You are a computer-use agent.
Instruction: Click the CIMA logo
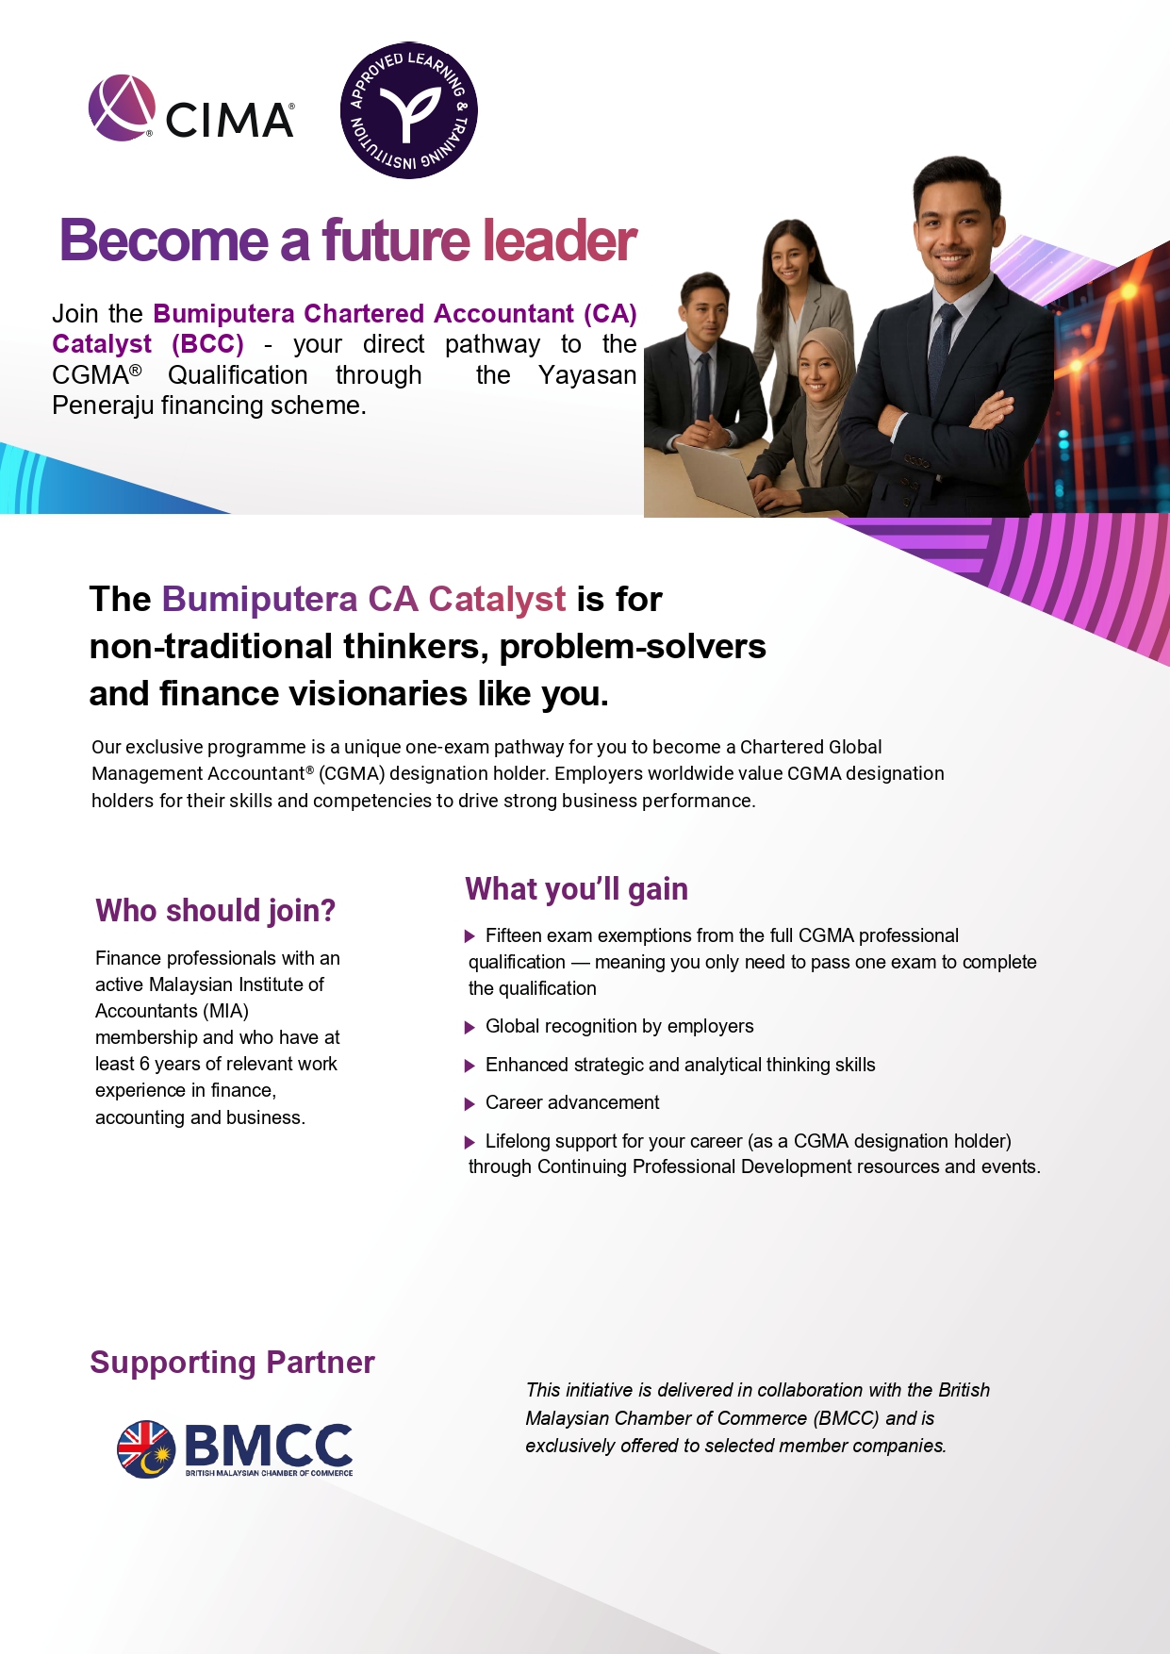coord(191,108)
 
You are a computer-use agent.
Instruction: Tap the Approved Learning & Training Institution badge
coord(408,110)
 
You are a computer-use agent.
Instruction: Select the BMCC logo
coord(235,1448)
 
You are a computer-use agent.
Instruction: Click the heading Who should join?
coord(215,911)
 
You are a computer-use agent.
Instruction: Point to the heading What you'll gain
coord(576,889)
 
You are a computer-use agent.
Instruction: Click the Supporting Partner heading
coord(232,1363)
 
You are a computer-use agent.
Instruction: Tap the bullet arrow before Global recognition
coord(470,1027)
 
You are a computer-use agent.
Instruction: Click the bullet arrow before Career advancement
coord(470,1103)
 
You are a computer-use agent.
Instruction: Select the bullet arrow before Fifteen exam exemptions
coord(470,936)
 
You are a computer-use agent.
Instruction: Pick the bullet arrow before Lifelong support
coord(470,1142)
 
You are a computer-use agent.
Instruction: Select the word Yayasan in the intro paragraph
coord(587,375)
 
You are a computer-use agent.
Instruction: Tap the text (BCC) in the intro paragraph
coord(207,344)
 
